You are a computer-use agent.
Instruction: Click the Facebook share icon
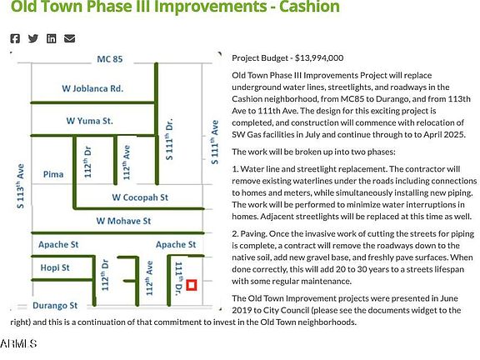[x=15, y=38]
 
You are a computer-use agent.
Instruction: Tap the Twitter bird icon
[x=33, y=38]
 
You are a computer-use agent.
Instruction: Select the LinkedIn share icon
[x=51, y=38]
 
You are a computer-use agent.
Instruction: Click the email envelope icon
[x=69, y=38]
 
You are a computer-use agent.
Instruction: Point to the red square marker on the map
[x=192, y=285]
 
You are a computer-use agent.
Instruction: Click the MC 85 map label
[x=110, y=59]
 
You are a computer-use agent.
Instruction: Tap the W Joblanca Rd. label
[x=92, y=88]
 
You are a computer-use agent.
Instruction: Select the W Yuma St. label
[x=89, y=121]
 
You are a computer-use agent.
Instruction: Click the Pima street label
[x=53, y=174]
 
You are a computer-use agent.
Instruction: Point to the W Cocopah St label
[x=140, y=197]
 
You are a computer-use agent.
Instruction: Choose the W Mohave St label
[x=123, y=221]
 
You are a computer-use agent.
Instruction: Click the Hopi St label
[x=55, y=267]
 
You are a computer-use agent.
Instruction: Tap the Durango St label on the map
[x=55, y=306]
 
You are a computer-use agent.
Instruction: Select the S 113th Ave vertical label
[x=21, y=187]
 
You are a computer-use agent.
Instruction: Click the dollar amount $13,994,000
[x=319, y=57]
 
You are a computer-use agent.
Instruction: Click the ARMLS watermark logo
[x=18, y=343]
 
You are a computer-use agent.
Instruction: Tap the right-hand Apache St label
[x=176, y=245]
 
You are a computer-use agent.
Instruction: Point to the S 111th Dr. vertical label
[x=169, y=139]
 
